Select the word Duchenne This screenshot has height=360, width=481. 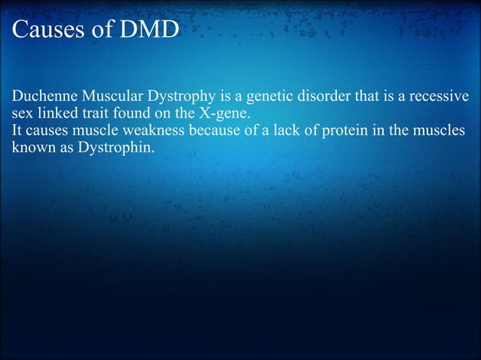pyautogui.click(x=42, y=98)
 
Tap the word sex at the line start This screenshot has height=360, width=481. pyautogui.click(x=23, y=114)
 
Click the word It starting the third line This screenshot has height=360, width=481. pyautogui.click(x=17, y=130)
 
